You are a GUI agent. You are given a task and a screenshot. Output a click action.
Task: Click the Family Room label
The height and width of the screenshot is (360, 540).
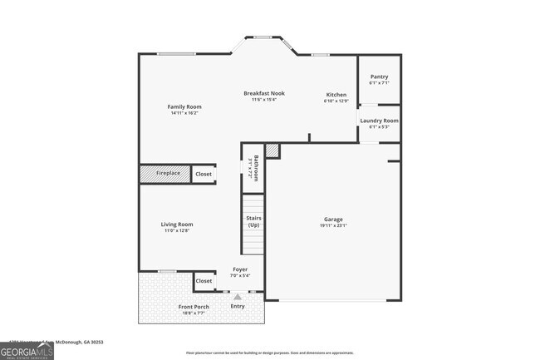point(184,106)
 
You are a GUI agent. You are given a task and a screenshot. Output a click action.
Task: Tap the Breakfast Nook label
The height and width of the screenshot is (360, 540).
point(263,93)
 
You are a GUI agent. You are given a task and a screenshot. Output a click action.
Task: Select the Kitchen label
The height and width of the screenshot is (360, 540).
point(336,94)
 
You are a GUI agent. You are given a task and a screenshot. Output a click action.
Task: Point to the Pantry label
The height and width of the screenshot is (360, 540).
point(379,76)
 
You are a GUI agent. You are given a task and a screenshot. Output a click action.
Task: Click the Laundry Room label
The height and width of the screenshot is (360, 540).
point(379,121)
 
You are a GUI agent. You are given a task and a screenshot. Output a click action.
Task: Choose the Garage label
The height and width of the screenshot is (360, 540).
point(333,219)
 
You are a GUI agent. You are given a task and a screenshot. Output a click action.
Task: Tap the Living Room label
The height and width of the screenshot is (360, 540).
point(177,224)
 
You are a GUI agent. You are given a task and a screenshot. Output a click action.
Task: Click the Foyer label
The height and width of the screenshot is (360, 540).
point(239,269)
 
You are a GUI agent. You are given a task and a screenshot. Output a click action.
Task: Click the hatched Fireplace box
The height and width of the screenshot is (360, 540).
point(165,173)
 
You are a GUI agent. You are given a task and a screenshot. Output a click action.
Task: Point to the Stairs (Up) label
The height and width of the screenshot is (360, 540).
point(253,222)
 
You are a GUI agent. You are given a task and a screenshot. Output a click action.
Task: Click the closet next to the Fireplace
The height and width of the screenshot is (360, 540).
point(204,174)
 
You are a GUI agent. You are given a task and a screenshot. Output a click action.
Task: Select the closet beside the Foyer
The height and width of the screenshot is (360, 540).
point(204,281)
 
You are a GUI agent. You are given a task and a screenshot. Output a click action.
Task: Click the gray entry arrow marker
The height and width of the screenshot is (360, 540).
point(238,296)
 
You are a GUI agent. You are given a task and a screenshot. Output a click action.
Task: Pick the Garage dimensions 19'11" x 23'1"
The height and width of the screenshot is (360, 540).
point(333,225)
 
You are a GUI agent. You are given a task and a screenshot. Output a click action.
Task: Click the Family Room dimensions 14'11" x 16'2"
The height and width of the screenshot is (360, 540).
point(184,113)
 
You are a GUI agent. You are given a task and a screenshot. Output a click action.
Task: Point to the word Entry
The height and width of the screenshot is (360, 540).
point(238,306)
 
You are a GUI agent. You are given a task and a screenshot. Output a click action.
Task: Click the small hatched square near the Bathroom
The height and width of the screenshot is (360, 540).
point(272,150)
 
